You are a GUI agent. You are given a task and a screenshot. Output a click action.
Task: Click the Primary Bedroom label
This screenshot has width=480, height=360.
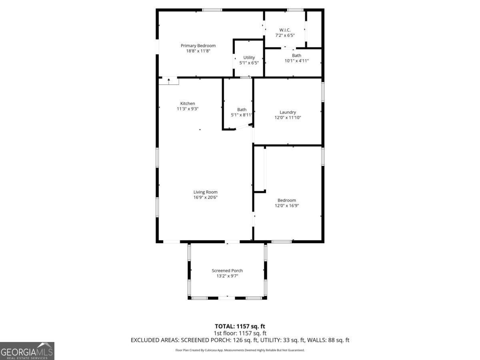coord(198,46)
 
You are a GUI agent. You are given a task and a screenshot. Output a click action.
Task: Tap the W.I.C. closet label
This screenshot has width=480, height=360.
coord(285,30)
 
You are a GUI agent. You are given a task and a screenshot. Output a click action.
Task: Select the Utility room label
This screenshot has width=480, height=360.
coord(249,58)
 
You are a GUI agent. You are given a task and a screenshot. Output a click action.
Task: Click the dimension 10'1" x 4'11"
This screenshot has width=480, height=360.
coord(296,61)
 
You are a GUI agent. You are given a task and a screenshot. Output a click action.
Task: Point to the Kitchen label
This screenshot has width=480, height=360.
coord(188,103)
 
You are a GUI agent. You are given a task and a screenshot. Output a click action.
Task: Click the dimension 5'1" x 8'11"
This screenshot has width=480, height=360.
coord(242,115)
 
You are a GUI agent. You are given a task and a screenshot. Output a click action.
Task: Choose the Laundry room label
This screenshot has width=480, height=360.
coord(288,112)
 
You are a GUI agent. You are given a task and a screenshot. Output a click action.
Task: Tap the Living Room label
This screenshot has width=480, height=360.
coord(206,192)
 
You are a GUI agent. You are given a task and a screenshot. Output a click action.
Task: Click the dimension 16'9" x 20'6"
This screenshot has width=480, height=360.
coord(206,197)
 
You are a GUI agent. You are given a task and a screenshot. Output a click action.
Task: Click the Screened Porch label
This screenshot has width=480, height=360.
coord(227,270)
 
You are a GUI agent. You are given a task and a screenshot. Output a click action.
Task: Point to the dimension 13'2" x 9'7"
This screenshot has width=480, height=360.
coord(227,276)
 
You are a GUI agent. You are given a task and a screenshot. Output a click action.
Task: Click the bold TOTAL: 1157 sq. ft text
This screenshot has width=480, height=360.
coord(240,326)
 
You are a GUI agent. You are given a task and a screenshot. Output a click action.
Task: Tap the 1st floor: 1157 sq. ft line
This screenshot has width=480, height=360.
coord(240,333)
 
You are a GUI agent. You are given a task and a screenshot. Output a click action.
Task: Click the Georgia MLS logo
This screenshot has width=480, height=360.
coord(27,351)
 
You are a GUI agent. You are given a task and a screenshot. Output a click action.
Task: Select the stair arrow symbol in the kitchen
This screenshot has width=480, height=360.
coord(169,81)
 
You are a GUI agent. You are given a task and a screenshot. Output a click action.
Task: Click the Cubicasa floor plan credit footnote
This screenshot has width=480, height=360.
coord(240,350)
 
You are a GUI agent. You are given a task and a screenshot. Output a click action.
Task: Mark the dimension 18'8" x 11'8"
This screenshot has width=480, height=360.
coord(198,51)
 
